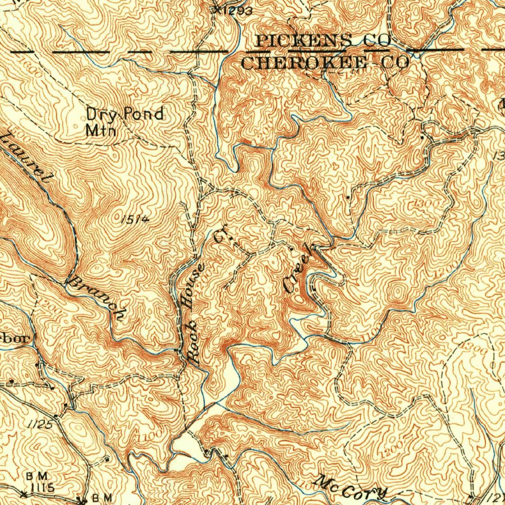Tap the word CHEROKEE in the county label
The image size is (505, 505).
[x=304, y=63]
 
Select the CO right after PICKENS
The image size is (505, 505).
[x=377, y=41]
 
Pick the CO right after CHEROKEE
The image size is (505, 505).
[x=395, y=63]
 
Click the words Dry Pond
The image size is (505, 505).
[x=125, y=114]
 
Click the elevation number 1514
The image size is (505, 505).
[x=133, y=219]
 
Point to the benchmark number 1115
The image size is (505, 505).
[x=41, y=487]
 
